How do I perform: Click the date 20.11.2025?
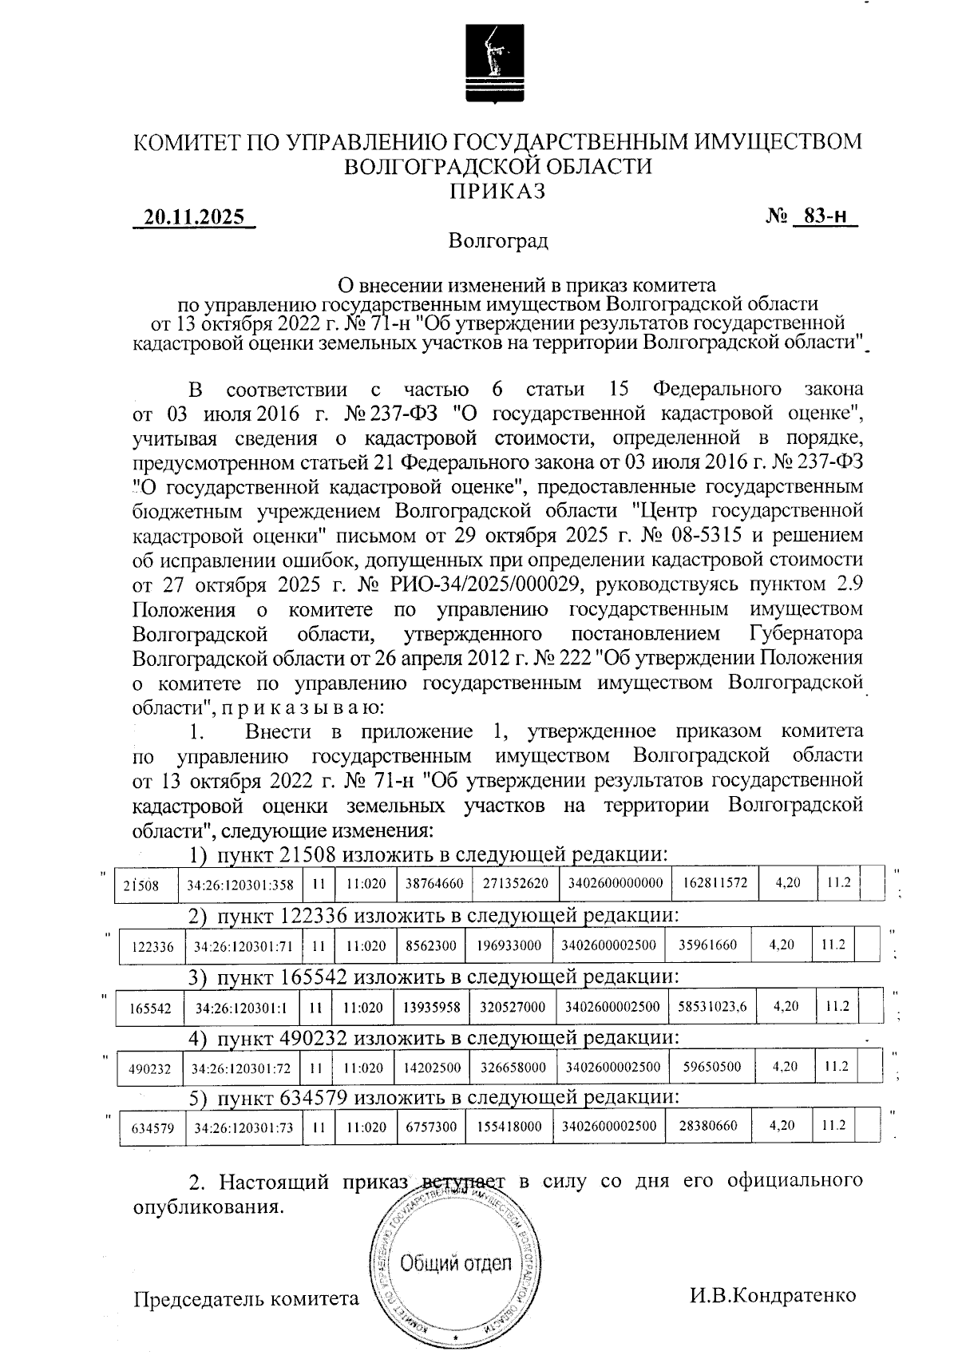click(194, 216)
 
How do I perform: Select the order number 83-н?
click(825, 216)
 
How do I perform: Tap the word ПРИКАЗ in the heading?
click(497, 192)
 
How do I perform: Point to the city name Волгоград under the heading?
click(498, 240)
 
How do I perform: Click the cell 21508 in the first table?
click(141, 885)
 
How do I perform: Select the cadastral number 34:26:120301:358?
click(240, 885)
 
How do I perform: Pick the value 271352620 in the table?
click(515, 884)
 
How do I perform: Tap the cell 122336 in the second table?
click(151, 946)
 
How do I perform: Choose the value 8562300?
click(431, 945)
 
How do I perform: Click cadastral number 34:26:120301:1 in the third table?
click(241, 1008)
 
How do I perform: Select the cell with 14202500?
click(432, 1068)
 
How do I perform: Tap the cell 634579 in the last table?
click(152, 1129)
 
